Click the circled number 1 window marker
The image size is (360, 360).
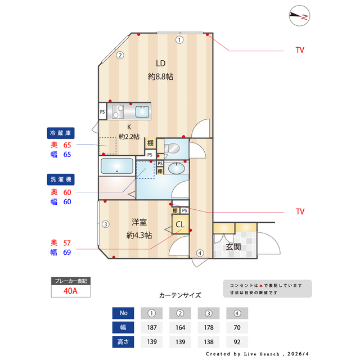179,39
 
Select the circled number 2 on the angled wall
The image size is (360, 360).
120,55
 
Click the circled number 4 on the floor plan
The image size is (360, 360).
199,253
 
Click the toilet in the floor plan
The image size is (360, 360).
173,148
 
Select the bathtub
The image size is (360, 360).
116,167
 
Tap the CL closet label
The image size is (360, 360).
180,224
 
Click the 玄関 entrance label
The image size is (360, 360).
233,246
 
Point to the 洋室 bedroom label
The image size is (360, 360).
139,222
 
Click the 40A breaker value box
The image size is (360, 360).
70,291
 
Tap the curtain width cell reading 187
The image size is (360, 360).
152,327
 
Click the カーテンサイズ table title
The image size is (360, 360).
180,295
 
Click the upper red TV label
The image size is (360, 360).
300,50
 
